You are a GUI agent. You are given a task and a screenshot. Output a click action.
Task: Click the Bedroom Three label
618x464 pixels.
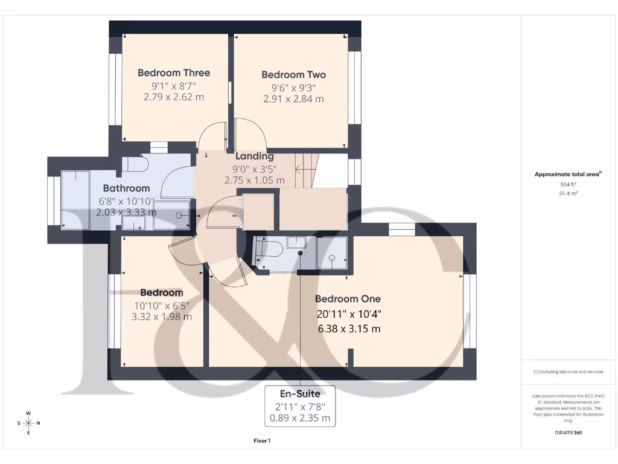(174, 73)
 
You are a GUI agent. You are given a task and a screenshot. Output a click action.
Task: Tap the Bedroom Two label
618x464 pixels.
(293, 75)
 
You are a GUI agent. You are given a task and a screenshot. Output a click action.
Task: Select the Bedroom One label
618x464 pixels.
(348, 299)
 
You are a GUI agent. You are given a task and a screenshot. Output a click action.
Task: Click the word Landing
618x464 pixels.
(254, 156)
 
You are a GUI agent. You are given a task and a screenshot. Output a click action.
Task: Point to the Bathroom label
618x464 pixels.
(126, 188)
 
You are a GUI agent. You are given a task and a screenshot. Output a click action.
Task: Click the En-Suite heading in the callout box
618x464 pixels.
(300, 394)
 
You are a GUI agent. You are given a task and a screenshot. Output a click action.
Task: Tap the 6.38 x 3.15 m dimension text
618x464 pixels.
(349, 329)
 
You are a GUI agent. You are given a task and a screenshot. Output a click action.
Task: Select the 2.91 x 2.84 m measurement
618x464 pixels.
(293, 98)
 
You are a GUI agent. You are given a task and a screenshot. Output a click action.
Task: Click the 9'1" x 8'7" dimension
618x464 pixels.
(174, 85)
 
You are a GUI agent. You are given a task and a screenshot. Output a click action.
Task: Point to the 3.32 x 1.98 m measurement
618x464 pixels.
(161, 317)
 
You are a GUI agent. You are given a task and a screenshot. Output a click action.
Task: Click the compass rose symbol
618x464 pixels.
(28, 423)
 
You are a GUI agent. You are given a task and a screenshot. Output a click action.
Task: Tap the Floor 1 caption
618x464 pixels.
(262, 441)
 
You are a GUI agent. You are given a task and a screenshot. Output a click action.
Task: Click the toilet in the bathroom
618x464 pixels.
(135, 165)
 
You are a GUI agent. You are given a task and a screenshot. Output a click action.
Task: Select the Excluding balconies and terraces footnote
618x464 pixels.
(568, 372)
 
